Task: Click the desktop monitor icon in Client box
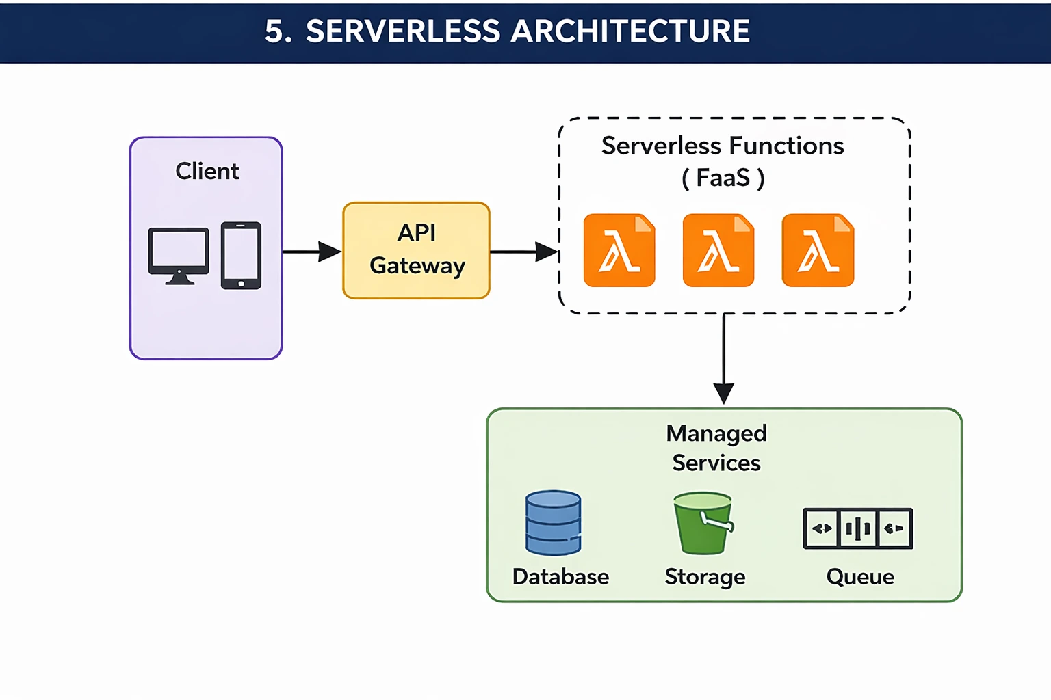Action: (179, 255)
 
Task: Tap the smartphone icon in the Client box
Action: (241, 255)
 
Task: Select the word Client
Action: (207, 171)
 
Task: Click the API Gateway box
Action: (416, 250)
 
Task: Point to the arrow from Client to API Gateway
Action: (311, 252)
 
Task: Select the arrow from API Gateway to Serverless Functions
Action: (524, 252)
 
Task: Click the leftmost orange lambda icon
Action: (619, 250)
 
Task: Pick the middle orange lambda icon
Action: (718, 250)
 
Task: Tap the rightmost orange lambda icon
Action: (818, 250)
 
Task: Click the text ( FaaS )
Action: (723, 178)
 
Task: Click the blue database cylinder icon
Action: (553, 523)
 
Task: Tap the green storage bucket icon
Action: (703, 523)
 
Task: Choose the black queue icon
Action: (857, 528)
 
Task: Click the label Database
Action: (560, 576)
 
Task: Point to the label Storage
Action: (705, 577)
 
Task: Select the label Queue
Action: (860, 577)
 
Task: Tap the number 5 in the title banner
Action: (274, 31)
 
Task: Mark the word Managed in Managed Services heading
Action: (716, 433)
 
